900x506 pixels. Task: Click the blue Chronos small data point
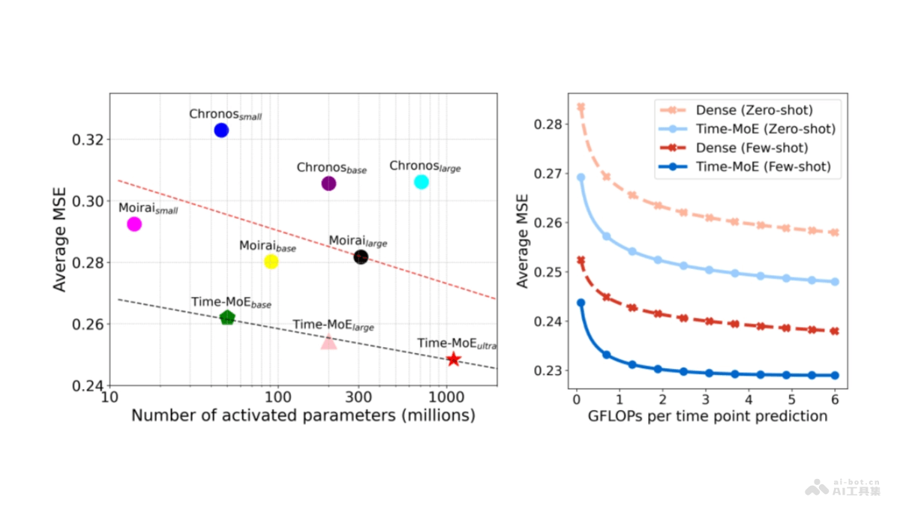221,130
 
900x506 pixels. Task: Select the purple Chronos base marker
328,184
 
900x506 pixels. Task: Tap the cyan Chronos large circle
421,182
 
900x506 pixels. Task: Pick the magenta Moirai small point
134,224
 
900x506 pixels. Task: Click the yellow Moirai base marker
271,262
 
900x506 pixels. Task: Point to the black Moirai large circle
361,257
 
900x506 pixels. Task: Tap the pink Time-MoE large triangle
328,342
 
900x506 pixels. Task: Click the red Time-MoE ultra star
453,359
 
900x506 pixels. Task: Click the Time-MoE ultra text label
457,344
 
